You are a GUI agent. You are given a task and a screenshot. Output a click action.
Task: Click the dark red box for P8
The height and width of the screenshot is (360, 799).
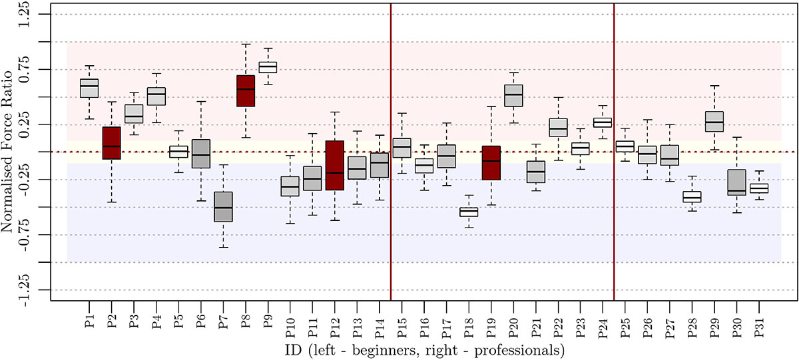pos(246,90)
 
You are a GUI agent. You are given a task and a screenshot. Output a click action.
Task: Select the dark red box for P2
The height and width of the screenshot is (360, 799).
pos(111,142)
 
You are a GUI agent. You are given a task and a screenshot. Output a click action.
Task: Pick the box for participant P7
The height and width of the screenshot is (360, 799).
pos(223,206)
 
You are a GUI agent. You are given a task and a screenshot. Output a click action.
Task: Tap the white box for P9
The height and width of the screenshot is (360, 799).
pos(268,67)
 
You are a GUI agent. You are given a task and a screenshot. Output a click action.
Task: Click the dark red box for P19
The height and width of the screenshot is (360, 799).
pos(491,163)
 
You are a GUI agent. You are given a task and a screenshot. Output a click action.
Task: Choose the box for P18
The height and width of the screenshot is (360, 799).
pos(469,212)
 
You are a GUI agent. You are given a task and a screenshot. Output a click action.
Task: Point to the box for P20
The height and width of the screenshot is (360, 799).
pos(513,95)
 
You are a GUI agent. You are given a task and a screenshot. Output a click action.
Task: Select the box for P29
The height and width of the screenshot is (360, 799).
pos(714,121)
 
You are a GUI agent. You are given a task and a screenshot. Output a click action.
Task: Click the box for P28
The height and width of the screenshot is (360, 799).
pos(692,197)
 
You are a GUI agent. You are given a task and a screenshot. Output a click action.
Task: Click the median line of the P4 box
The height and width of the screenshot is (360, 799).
pos(156,94)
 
